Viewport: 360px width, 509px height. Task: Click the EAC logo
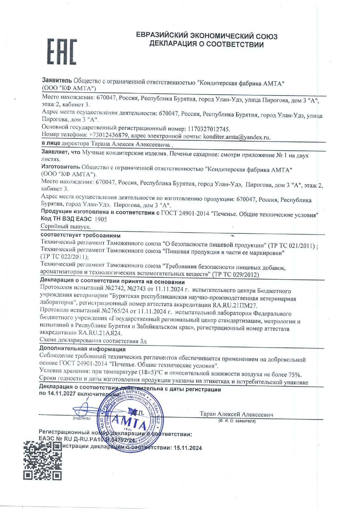(62, 51)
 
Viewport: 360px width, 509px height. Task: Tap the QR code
(42, 461)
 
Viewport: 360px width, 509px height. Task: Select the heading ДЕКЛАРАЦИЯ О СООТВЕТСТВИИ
(206, 45)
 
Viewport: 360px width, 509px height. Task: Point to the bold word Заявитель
(57, 80)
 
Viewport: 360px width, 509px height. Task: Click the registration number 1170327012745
(209, 129)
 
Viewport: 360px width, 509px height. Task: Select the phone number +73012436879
(108, 135)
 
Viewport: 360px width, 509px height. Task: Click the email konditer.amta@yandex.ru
(236, 137)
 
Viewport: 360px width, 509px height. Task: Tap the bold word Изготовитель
(60, 167)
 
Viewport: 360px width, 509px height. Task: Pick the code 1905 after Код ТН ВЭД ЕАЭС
(101, 219)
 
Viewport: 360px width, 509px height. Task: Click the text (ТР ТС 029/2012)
(235, 274)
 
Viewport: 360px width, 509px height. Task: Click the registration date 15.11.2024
(188, 448)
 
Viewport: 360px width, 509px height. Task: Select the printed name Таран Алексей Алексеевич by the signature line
(236, 414)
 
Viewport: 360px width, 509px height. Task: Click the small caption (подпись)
(82, 418)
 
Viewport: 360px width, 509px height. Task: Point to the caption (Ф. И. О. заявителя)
(237, 421)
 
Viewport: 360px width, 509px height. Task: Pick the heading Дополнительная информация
(82, 349)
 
